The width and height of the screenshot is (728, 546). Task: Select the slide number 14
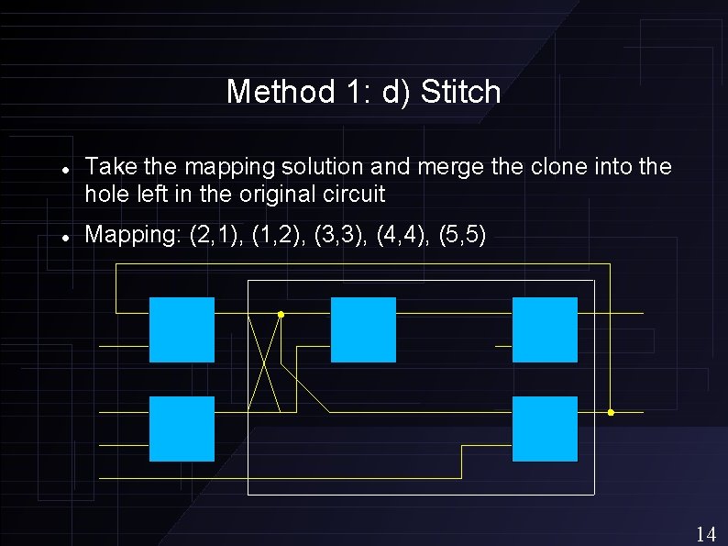(x=706, y=534)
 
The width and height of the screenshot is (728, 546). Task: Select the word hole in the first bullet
(x=103, y=194)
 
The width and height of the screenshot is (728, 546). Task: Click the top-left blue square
(x=182, y=329)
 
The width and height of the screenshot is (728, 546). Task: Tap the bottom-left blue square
(x=182, y=429)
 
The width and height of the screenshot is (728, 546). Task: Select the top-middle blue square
(x=363, y=329)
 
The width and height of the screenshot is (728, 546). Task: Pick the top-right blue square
(x=545, y=329)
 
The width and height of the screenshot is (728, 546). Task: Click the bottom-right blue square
(x=545, y=429)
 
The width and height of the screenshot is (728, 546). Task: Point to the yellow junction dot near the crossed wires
(x=281, y=315)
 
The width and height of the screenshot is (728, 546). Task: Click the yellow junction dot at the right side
(x=611, y=413)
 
